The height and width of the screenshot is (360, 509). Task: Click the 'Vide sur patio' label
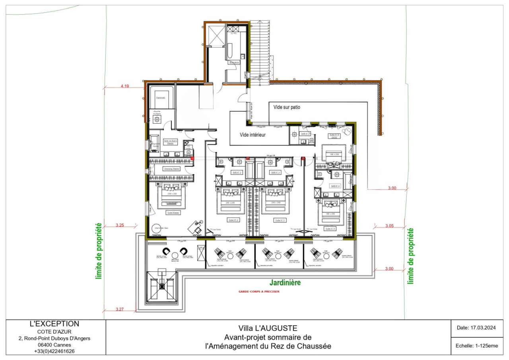(x=289, y=107)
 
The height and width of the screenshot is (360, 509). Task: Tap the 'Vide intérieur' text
(x=256, y=135)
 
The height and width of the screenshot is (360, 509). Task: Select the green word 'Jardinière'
(x=285, y=283)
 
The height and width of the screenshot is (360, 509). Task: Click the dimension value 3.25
(x=120, y=225)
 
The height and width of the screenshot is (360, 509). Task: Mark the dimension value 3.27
(x=119, y=309)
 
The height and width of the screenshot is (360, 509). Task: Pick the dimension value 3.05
(x=390, y=226)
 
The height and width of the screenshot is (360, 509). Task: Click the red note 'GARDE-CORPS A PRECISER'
(x=259, y=292)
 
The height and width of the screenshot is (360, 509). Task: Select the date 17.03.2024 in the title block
(x=476, y=328)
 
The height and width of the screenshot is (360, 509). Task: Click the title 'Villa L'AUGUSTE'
(x=268, y=329)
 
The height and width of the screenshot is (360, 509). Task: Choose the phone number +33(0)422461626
(x=54, y=351)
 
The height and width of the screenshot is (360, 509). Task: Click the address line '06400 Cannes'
(x=54, y=345)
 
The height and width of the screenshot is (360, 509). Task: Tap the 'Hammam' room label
(x=161, y=98)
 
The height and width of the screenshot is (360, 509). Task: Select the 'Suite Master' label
(x=173, y=213)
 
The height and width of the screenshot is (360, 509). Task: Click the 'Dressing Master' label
(x=172, y=169)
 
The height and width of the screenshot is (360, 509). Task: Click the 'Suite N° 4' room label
(x=330, y=229)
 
